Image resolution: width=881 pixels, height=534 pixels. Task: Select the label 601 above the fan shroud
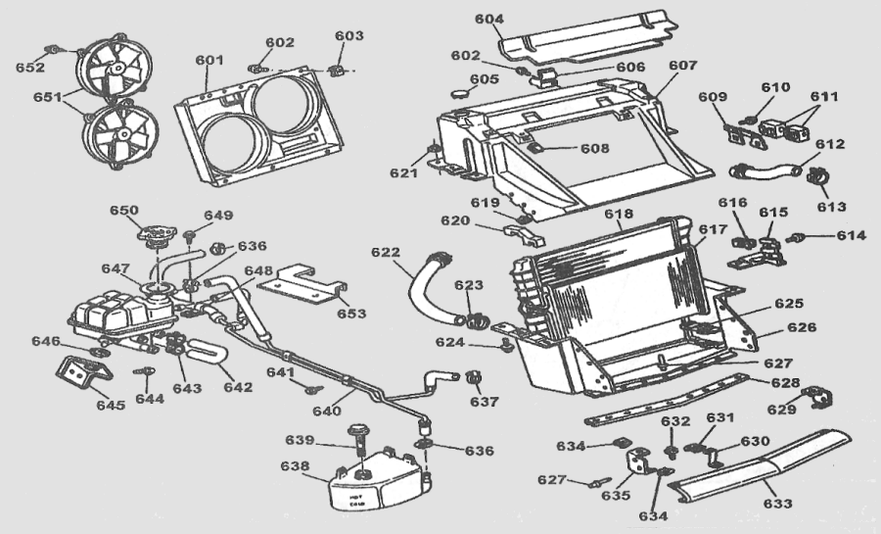[x=209, y=61]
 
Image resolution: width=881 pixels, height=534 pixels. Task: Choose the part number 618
[x=619, y=215]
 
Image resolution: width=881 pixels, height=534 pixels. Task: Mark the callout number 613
[x=832, y=207]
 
